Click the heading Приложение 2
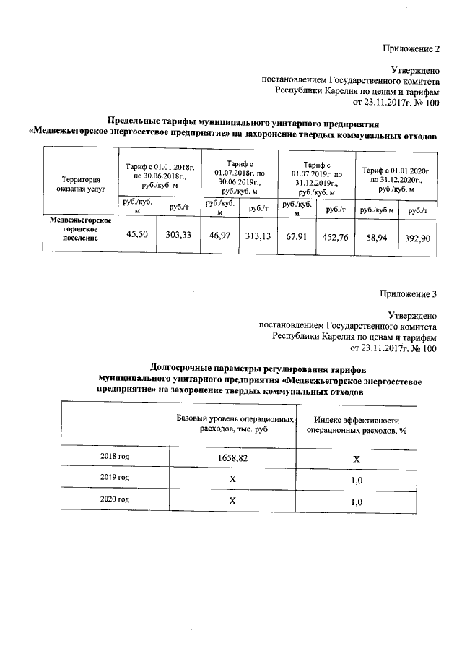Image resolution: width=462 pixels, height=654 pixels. [x=409, y=49]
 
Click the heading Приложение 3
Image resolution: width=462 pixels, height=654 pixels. [x=409, y=293]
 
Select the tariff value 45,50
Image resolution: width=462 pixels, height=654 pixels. [x=138, y=235]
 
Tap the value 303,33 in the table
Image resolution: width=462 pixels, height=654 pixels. [x=178, y=235]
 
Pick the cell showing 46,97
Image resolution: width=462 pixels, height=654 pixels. [x=219, y=236]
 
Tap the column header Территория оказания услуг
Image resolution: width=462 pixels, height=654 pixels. [x=80, y=184]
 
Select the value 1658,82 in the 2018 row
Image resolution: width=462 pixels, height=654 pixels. [x=233, y=457]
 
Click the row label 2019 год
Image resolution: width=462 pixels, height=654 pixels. [x=115, y=478]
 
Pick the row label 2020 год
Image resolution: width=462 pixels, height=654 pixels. [x=115, y=499]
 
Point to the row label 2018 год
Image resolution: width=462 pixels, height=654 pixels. [x=115, y=457]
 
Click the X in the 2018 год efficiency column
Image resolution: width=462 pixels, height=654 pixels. [x=357, y=458]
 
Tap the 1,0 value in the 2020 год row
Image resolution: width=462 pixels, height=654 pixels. [x=356, y=501]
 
